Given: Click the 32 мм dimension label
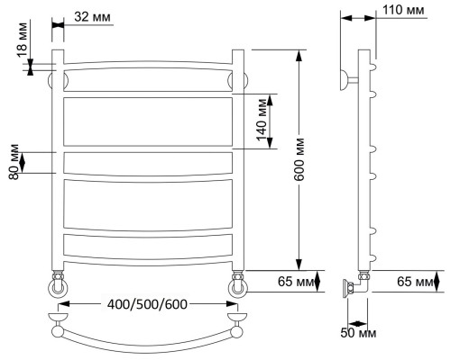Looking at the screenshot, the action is point(92,17).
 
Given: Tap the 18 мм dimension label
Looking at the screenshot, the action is point(22,40).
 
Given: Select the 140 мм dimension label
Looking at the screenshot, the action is point(262,120).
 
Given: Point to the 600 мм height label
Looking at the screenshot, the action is point(299,159).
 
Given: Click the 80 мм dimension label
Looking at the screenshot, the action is point(14,162).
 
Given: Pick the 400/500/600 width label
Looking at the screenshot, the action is point(147,304).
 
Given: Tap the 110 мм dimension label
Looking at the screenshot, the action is point(403,10).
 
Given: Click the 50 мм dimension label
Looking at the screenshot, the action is point(358,333).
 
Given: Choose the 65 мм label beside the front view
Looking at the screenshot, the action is point(296,282).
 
